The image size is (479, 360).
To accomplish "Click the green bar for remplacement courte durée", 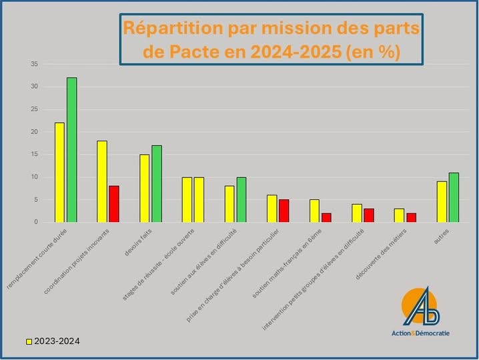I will click(x=71, y=150).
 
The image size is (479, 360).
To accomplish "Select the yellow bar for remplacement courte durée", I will click(x=59, y=172).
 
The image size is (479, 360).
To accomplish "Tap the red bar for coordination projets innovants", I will click(x=114, y=203).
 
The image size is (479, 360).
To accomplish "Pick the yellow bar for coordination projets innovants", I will click(x=102, y=181).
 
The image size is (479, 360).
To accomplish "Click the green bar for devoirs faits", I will click(x=157, y=183).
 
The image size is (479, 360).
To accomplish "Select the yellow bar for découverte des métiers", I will click(x=399, y=215).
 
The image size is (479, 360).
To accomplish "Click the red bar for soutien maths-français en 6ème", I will click(x=326, y=217).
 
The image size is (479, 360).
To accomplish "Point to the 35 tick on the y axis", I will click(x=34, y=64).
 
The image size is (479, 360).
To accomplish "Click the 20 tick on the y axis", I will click(x=34, y=132).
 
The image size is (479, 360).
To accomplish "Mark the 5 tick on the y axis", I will click(x=35, y=199).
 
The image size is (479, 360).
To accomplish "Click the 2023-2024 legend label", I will click(x=57, y=341).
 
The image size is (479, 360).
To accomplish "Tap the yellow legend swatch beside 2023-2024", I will click(x=29, y=341).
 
